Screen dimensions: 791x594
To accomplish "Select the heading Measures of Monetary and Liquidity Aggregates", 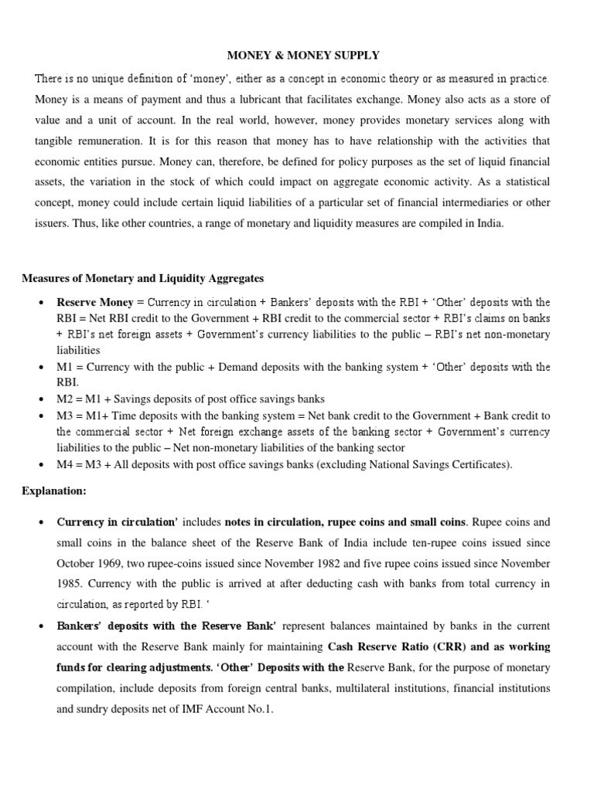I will pyautogui.click(x=144, y=278).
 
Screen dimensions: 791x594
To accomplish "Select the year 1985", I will pyautogui.click(x=70, y=585).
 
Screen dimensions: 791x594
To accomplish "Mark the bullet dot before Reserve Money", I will pyautogui.click(x=39, y=302).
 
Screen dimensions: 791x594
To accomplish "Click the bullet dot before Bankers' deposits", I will pyautogui.click(x=39, y=625).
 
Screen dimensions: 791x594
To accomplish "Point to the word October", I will pyautogui.click(x=77, y=563).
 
